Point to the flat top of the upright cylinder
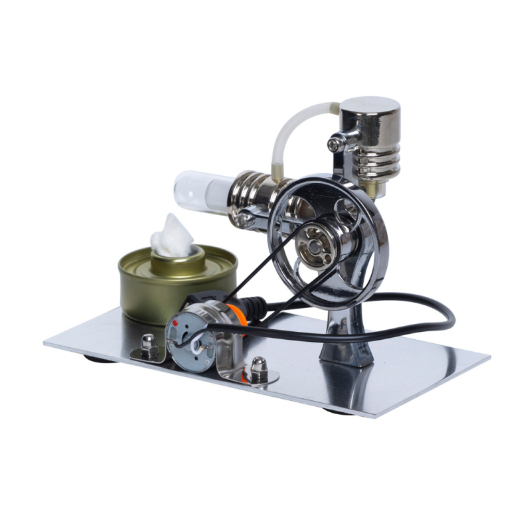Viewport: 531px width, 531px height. pos(370,104)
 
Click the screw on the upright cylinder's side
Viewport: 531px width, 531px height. pos(337,140)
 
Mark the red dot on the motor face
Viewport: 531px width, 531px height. pos(175,323)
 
